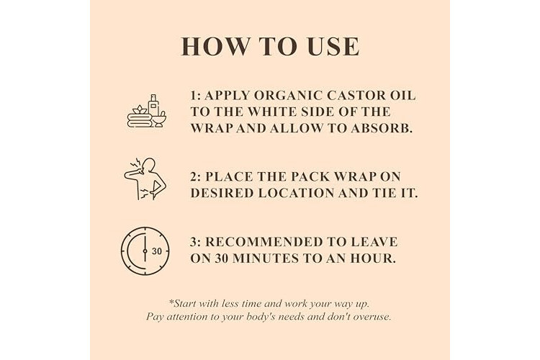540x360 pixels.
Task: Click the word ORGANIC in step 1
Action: click(x=288, y=96)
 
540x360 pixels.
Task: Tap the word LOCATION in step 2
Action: click(x=296, y=193)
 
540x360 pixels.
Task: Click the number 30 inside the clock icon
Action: click(x=157, y=251)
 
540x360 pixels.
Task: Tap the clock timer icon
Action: click(x=145, y=251)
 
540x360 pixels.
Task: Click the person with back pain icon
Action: click(x=145, y=179)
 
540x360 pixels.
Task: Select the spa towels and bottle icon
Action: click(x=147, y=111)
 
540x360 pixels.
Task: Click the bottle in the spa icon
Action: click(x=153, y=105)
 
